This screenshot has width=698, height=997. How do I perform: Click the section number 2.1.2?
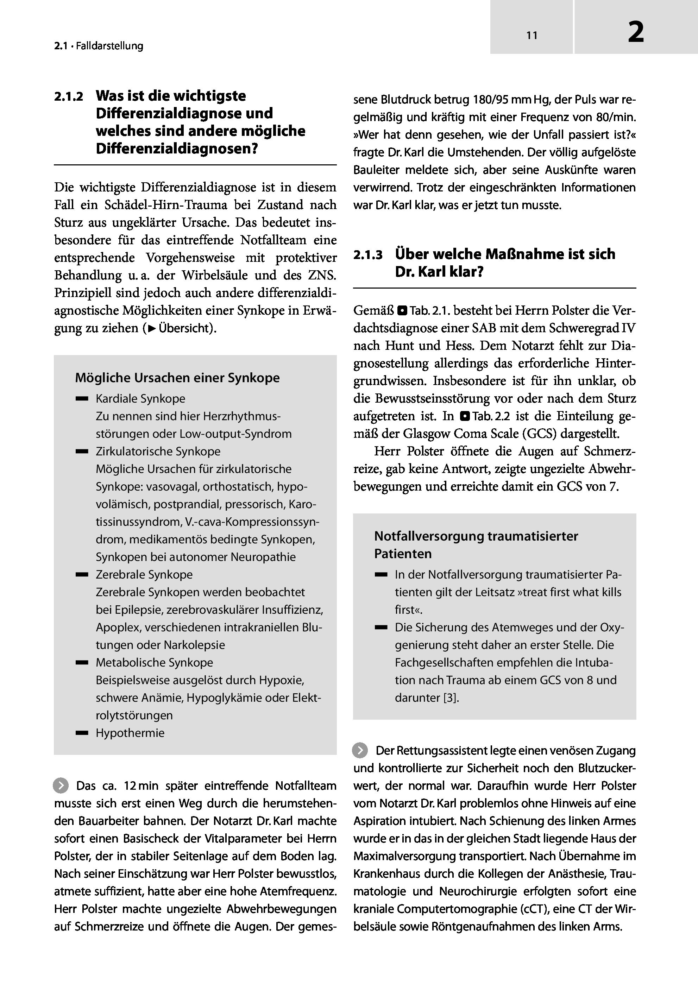pos(68,96)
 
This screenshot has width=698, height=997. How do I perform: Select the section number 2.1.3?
pos(367,255)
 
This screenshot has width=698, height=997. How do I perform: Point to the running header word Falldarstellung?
pos(109,46)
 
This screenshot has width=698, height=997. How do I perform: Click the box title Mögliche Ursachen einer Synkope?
pos(177,378)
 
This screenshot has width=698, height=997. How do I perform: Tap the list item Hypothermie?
pos(130,733)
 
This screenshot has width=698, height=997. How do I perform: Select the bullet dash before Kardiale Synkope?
pos(82,399)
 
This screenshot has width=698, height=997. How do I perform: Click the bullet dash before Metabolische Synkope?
pos(82,663)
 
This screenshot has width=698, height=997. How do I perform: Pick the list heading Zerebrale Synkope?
pos(144,574)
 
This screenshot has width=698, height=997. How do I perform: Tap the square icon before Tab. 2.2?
pos(464,416)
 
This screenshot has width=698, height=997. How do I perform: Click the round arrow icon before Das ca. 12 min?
pos(61,785)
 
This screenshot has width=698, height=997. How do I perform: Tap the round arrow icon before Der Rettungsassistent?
pos(360,750)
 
